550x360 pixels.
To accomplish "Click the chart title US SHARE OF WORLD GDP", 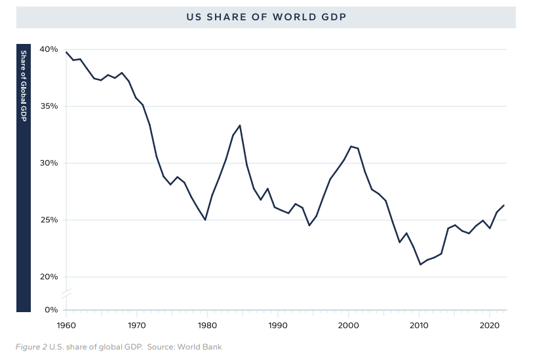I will (265, 18).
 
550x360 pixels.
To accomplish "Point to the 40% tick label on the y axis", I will (48, 49).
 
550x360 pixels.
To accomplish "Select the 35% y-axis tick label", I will (48, 106).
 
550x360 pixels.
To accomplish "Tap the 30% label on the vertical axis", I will (48, 163).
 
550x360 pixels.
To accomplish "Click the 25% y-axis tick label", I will (48, 220).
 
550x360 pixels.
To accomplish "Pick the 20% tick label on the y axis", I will (48, 277).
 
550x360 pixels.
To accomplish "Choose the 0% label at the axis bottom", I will (50, 309).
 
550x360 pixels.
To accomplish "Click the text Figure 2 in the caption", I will (30, 346).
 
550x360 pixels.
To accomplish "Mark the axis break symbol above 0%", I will (66, 293).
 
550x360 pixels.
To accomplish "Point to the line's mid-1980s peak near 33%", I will (240, 125).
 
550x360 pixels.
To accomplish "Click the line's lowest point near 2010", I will (420, 264).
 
